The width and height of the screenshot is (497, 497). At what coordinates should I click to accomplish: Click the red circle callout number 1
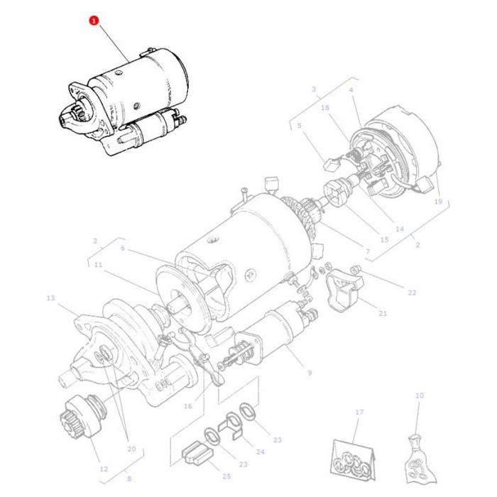coord(93,21)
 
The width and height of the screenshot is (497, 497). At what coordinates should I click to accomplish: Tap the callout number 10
coord(419,395)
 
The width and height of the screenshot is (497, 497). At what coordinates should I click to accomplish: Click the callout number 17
coord(359,412)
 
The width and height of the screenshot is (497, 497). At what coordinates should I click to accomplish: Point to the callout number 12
coord(104,469)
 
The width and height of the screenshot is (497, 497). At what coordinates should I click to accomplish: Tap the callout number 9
coord(310,372)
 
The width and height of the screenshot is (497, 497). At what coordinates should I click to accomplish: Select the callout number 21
coord(383,313)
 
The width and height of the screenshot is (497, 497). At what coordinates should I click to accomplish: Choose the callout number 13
coord(50,298)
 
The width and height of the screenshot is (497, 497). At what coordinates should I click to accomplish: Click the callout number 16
coord(188,406)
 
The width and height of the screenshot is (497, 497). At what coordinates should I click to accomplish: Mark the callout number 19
coord(438,202)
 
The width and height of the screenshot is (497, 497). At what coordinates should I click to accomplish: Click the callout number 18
coord(325,108)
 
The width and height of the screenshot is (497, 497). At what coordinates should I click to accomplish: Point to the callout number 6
coord(122,248)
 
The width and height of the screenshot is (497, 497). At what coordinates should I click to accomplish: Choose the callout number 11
coord(98,265)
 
